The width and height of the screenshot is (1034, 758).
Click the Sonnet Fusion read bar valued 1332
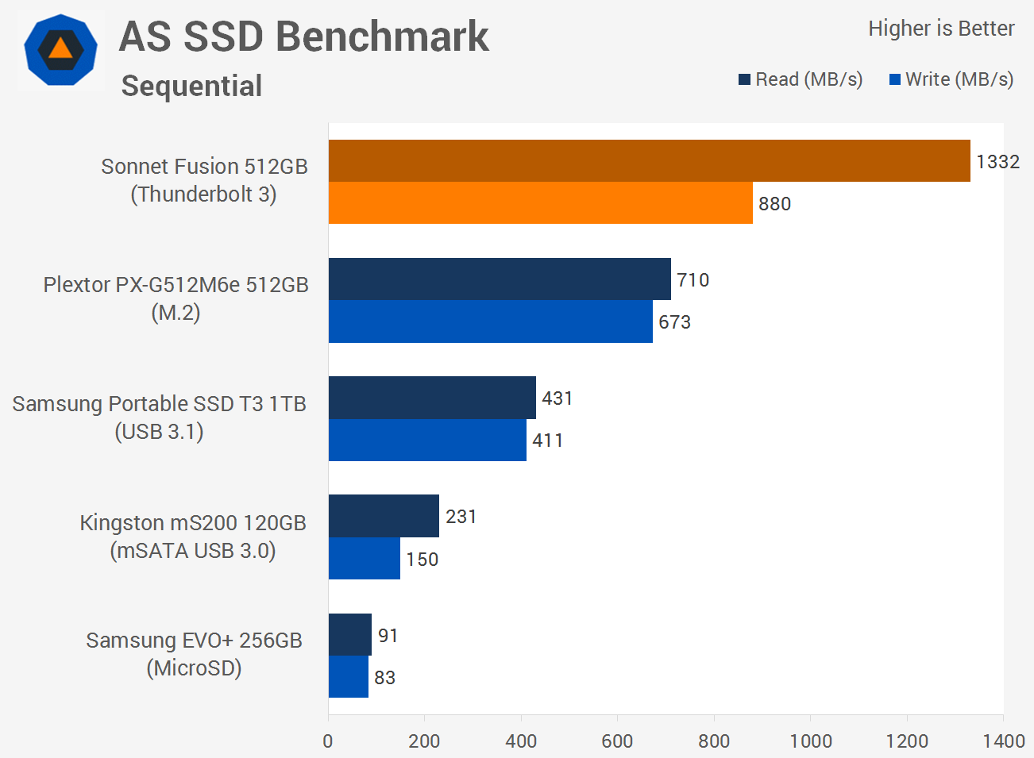click(x=649, y=160)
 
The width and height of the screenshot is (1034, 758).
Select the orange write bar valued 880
click(x=541, y=203)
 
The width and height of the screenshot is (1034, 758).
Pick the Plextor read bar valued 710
click(x=500, y=279)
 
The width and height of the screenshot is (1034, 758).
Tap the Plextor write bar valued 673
click(x=491, y=321)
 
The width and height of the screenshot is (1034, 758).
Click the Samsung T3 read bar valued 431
click(x=432, y=398)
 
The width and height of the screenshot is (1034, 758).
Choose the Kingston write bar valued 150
click(x=365, y=558)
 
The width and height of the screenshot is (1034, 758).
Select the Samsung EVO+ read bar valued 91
click(x=350, y=635)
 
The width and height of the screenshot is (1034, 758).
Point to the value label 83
click(x=384, y=678)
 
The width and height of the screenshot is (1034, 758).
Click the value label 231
click(x=461, y=517)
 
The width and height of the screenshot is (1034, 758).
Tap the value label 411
click(x=547, y=441)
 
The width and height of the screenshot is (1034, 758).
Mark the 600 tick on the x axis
click(x=617, y=718)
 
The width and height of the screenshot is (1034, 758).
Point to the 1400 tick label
click(x=1004, y=741)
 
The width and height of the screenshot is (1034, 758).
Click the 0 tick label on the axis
click(x=328, y=741)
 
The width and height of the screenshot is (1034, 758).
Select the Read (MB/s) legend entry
click(x=801, y=79)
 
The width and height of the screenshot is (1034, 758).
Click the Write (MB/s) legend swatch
click(x=895, y=79)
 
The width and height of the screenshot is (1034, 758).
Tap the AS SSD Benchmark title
click(x=303, y=37)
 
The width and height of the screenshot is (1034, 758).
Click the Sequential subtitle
click(x=191, y=87)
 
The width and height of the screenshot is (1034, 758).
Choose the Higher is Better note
click(x=941, y=29)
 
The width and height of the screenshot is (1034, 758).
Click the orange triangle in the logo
click(x=60, y=48)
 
